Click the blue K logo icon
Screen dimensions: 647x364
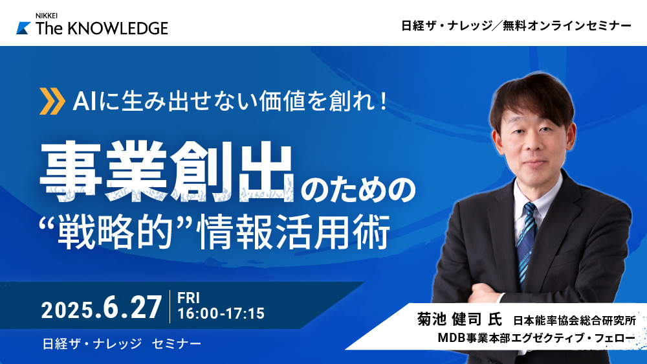[23, 28]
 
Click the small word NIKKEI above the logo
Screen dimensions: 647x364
[46, 16]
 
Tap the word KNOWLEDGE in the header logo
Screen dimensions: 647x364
[117, 28]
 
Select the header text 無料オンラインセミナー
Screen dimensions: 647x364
[567, 26]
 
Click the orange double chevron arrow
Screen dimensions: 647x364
[52, 101]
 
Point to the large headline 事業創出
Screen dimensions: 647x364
[167, 171]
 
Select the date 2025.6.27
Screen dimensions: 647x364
[102, 308]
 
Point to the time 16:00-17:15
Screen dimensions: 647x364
[221, 313]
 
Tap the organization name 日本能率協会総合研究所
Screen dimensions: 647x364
[575, 320]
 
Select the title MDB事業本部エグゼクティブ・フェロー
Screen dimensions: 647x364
[536, 338]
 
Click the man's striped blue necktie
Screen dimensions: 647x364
[527, 242]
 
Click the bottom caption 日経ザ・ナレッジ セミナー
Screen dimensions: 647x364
[122, 343]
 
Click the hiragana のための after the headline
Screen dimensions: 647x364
[357, 189]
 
